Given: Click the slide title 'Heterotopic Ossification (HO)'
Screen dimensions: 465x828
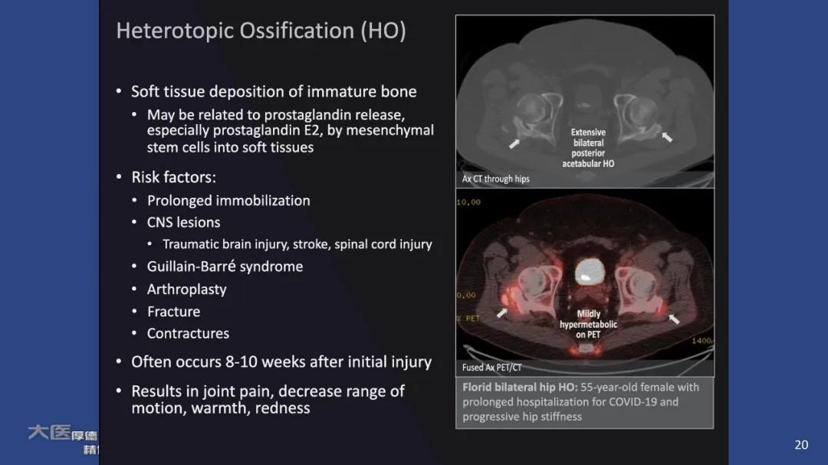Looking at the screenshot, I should click(x=261, y=31).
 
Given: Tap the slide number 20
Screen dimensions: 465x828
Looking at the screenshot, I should click(x=801, y=444).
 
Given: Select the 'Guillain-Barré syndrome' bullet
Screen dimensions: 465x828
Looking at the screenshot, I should click(x=225, y=267).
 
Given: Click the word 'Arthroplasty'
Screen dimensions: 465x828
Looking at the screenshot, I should click(x=187, y=289).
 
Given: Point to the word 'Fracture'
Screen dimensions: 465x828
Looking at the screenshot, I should click(x=174, y=311).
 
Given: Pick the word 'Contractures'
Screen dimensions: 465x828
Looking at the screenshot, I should click(x=188, y=333).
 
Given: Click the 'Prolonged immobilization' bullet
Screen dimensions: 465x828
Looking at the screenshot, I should click(x=228, y=201).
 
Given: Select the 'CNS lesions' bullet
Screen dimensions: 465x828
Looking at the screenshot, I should click(x=183, y=222).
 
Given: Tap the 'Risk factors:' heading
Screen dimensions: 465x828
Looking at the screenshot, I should click(x=173, y=177).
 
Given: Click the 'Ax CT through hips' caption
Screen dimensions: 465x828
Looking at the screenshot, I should click(x=496, y=179).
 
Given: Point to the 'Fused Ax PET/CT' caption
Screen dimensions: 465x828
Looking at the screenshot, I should click(x=492, y=368).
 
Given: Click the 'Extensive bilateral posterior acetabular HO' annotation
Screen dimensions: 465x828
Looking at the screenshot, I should click(x=588, y=148).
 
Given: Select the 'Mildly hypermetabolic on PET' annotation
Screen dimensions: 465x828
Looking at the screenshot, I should click(x=588, y=324).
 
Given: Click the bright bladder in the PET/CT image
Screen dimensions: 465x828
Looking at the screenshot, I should click(x=588, y=270).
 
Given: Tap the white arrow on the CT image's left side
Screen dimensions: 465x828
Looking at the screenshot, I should click(x=514, y=143).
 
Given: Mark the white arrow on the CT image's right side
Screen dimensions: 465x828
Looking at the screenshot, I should click(x=667, y=136).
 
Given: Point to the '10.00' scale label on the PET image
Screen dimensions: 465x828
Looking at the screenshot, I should click(x=468, y=202).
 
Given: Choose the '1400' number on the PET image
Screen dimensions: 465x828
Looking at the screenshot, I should click(x=701, y=340).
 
